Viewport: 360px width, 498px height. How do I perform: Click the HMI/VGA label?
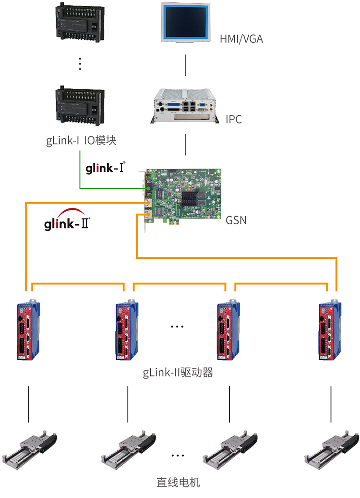241,39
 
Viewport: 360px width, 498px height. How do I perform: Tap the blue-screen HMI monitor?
186,23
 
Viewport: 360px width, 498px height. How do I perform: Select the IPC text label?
234,119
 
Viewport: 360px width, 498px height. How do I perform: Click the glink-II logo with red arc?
67,222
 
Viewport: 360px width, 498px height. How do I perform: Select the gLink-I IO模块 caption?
81,141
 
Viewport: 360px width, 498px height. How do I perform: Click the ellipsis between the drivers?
177,327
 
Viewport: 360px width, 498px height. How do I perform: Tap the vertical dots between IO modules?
80,64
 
